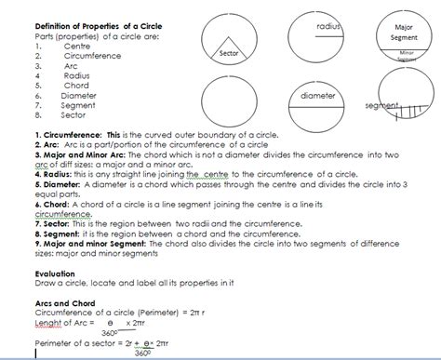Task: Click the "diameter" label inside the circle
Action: tap(319, 96)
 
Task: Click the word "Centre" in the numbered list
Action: tap(77, 45)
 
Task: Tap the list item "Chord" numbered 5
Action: tap(76, 85)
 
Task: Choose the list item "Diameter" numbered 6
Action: tap(78, 95)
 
